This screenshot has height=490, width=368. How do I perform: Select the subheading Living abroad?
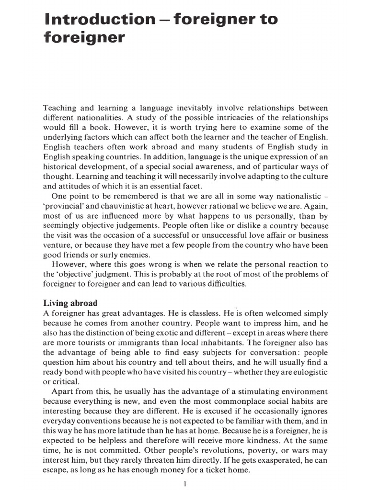tap(70, 303)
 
